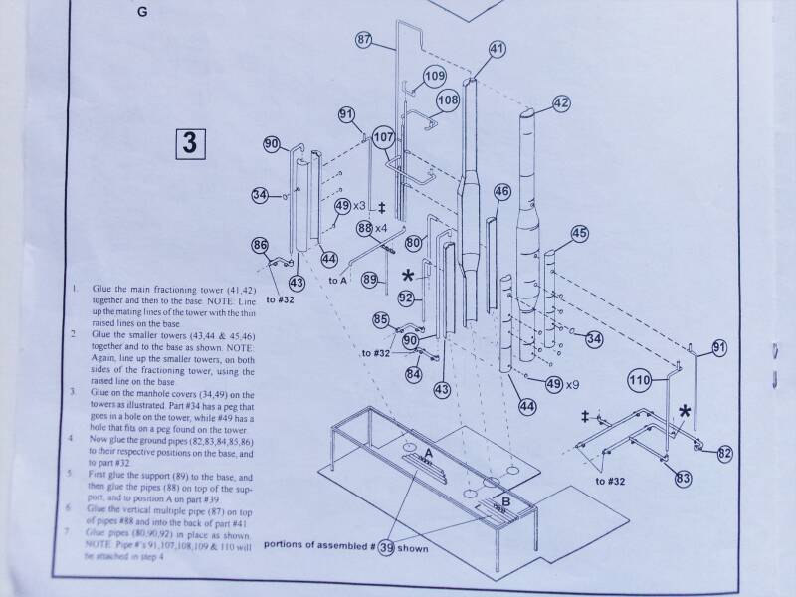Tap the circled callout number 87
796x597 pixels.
click(364, 40)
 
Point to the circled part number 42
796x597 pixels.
click(561, 101)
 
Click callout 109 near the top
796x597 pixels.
click(435, 76)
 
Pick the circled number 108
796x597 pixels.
click(448, 99)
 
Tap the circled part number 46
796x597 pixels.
click(501, 191)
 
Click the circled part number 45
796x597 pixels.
click(579, 233)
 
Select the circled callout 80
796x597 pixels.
click(413, 243)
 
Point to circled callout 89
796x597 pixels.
click(369, 281)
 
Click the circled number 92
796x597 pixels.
click(405, 297)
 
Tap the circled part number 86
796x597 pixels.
click(260, 244)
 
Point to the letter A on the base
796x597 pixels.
click(428, 453)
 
